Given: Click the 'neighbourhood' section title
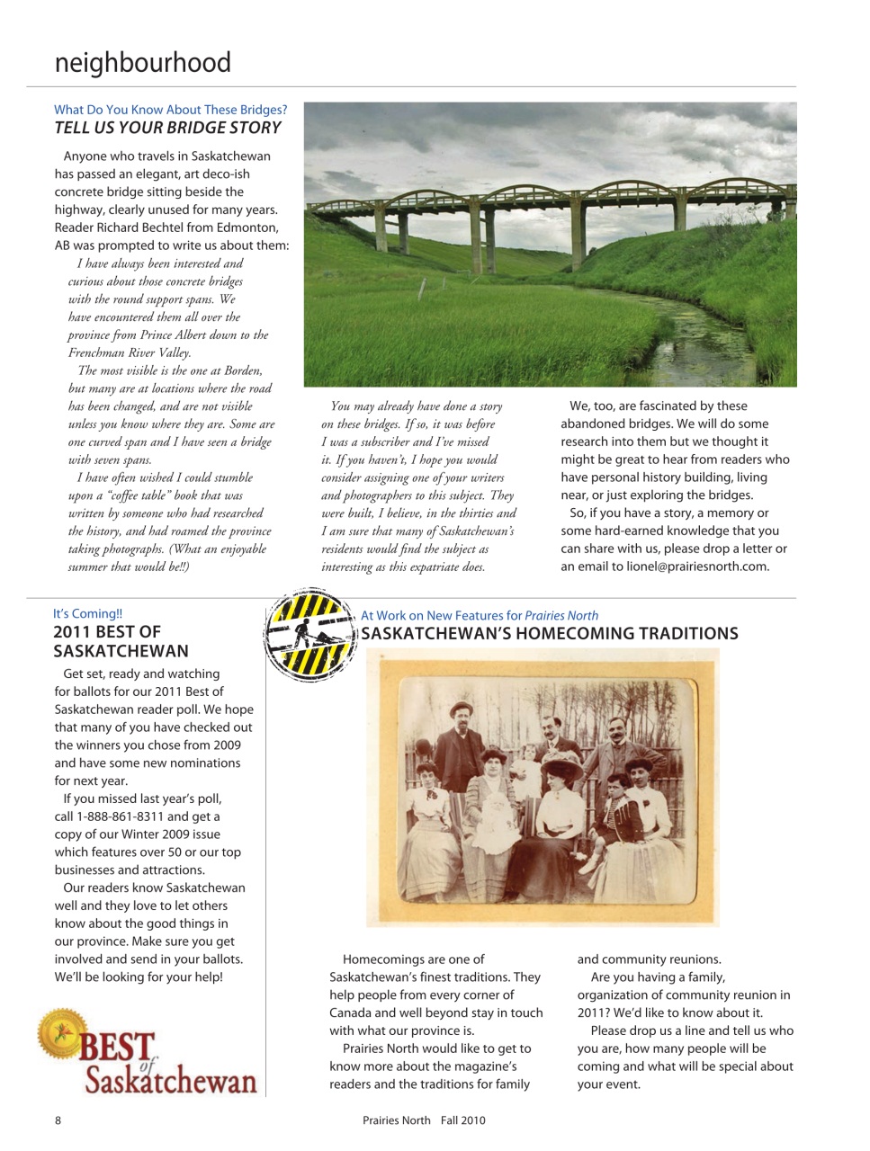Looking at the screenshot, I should pyautogui.click(x=143, y=63).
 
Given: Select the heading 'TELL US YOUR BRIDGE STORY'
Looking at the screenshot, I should pyautogui.click(x=168, y=129).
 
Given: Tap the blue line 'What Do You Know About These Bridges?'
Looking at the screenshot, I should pyautogui.click(x=170, y=110).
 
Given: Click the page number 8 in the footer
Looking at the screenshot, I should pyautogui.click(x=58, y=1120).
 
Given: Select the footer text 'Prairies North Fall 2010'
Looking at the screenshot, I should pyautogui.click(x=424, y=1120).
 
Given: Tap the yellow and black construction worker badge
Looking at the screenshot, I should pyautogui.click(x=310, y=635).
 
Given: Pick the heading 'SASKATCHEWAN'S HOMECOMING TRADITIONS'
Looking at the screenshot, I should pyautogui.click(x=549, y=634).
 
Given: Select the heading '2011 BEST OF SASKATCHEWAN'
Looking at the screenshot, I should pyautogui.click(x=121, y=642).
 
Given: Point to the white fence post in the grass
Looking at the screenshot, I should pyautogui.click(x=422, y=290).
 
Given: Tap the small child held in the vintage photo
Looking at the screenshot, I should pyautogui.click(x=525, y=765).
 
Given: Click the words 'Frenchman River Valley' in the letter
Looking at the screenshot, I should pyautogui.click(x=129, y=352).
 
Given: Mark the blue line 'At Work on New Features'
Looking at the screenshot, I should pyautogui.click(x=479, y=616).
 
